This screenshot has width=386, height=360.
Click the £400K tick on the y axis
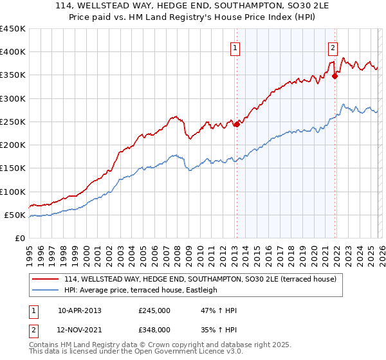point(13,52)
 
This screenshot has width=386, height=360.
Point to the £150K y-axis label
point(13,168)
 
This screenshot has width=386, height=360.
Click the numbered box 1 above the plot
point(235,48)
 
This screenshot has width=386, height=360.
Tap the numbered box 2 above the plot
point(333,48)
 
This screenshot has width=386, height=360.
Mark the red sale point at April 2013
point(236,124)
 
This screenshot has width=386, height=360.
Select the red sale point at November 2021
point(335,76)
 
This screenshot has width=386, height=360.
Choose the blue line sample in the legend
point(45,290)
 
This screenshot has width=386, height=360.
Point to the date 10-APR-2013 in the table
point(79,310)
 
